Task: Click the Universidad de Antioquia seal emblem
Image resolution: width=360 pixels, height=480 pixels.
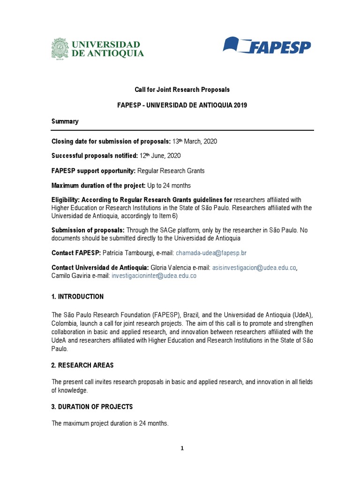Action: [x=60, y=48]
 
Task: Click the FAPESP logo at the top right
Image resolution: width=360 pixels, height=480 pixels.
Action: [x=266, y=46]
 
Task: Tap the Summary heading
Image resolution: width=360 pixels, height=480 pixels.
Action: [x=65, y=121]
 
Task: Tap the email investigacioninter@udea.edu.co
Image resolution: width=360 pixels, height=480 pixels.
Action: [x=154, y=276]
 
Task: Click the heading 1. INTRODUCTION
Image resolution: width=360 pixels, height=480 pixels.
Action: [x=77, y=297]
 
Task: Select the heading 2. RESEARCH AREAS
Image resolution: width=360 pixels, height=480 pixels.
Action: [x=82, y=365]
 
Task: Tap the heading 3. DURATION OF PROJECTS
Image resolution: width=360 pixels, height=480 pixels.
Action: [x=92, y=406]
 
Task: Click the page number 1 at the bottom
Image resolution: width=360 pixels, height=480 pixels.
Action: [x=182, y=448]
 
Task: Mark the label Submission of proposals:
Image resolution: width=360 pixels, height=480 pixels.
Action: [x=88, y=230]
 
